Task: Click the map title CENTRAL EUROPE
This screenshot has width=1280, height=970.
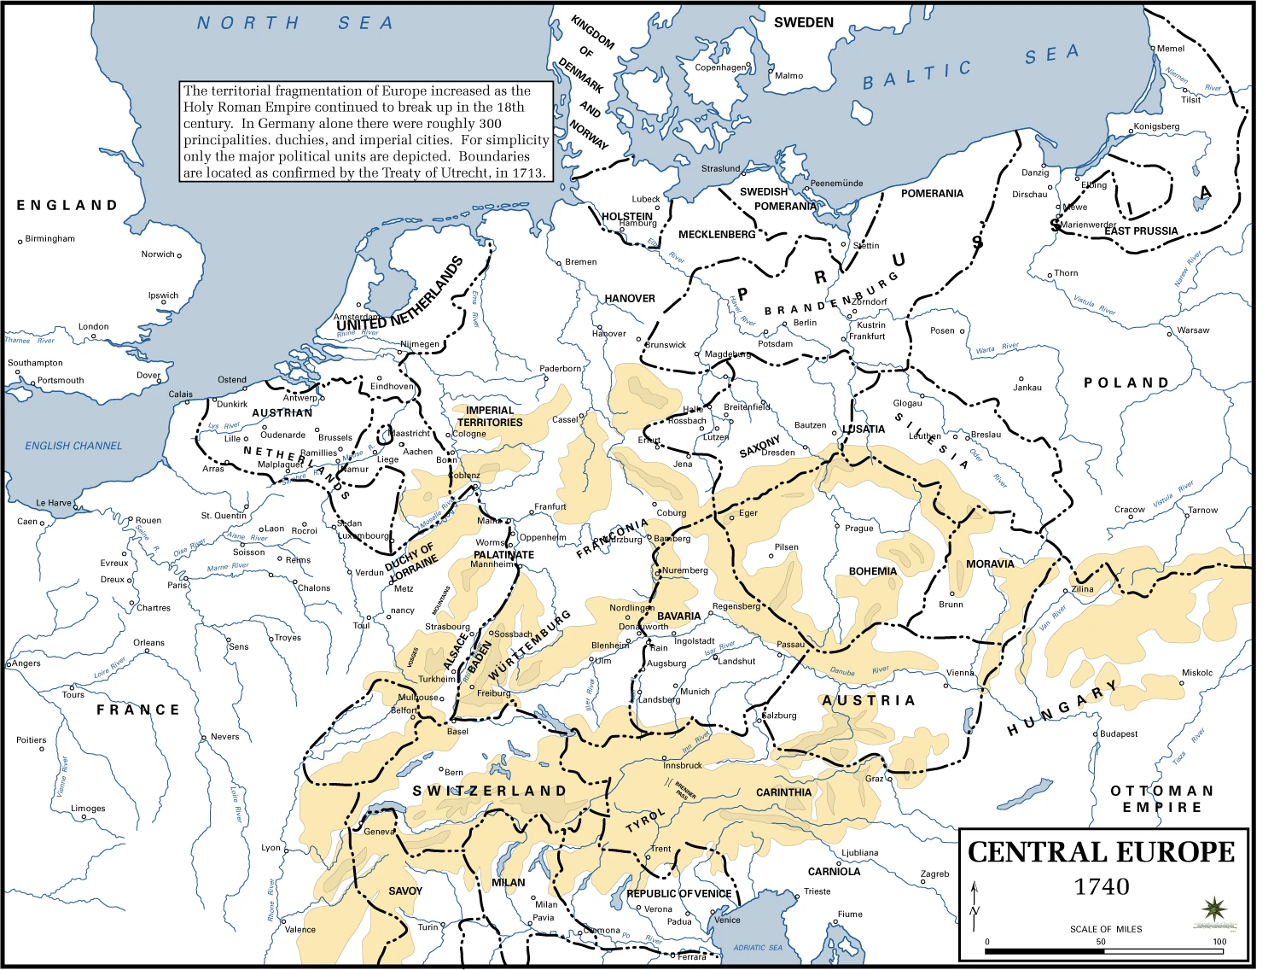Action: pos(1101,852)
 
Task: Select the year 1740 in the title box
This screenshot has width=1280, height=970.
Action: pos(1101,887)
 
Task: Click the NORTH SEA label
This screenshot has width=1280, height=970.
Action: pos(295,23)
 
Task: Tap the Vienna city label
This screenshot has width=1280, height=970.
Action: pos(960,673)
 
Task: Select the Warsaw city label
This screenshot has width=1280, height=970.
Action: pos(1193,330)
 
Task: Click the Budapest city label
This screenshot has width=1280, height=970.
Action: pos(1119,734)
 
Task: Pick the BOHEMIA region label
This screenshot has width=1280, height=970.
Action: pos(872,571)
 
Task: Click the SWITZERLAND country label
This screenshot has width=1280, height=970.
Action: pos(490,792)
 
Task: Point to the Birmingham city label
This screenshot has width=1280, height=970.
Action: pos(49,239)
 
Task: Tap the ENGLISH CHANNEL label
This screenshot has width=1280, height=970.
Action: pos(73,446)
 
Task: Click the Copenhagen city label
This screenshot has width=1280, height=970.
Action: pos(720,67)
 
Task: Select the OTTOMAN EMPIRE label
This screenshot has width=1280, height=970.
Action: pos(1161,799)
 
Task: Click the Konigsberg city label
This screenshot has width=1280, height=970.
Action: pos(1156,126)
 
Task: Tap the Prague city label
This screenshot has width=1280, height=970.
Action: pos(858,528)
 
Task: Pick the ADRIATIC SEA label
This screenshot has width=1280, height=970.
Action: pos(758,948)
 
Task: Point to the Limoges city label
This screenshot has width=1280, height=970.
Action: pos(88,809)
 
